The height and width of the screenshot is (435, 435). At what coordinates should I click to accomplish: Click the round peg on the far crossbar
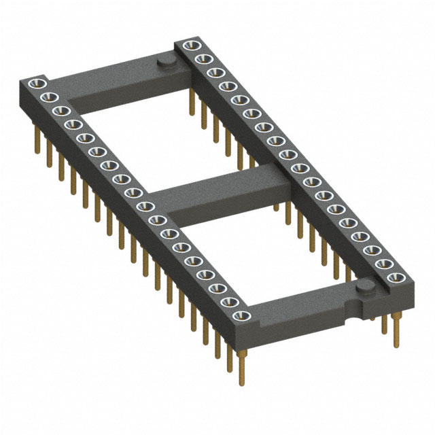[x=165, y=63]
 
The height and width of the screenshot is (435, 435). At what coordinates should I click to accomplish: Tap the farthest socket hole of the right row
[x=190, y=46]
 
